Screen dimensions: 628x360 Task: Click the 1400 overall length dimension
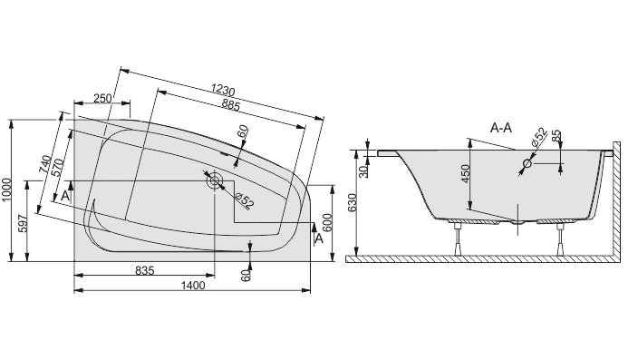pos(193,285)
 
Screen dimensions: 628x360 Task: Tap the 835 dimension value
pos(145,270)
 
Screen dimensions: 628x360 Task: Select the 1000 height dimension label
pos(5,190)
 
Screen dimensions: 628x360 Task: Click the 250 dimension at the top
pos(102,98)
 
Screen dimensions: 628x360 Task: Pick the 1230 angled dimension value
pos(223,90)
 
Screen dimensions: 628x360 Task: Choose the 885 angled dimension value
pos(230,105)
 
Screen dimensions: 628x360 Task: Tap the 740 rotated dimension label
pos(45,164)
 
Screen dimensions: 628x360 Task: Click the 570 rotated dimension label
pos(57,168)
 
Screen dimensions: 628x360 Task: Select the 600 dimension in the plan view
pos(327,223)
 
